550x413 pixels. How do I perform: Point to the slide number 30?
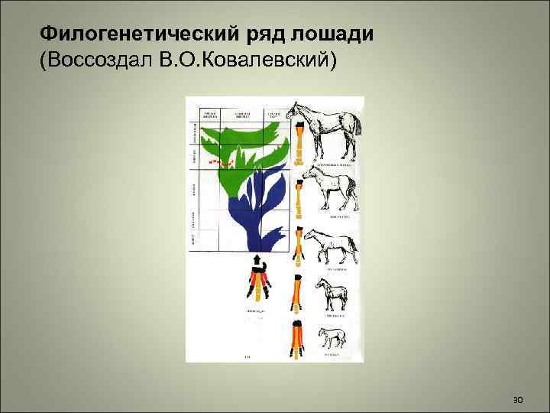517,400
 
